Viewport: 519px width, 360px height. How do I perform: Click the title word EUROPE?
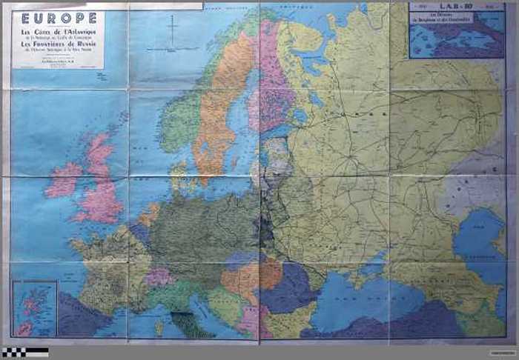[x=59, y=17]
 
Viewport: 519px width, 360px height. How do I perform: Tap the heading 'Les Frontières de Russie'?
[x=59, y=44]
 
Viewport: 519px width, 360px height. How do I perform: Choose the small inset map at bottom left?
[x=34, y=308]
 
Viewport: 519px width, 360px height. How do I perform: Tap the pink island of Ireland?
[x=65, y=180]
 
